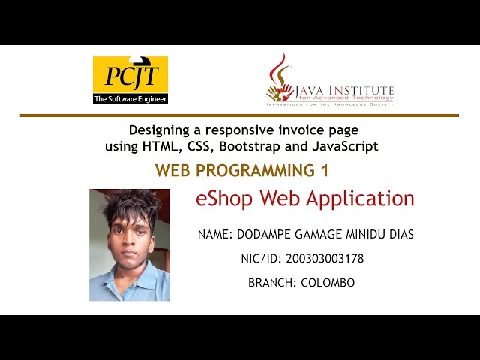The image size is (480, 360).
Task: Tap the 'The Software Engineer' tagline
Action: coord(130,98)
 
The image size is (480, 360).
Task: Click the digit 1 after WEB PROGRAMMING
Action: coord(325,171)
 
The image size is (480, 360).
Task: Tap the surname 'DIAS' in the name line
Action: coord(399,235)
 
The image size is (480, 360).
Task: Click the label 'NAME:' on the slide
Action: coord(216,235)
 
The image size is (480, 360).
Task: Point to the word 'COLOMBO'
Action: coord(328,283)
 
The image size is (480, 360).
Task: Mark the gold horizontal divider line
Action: coord(239,115)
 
